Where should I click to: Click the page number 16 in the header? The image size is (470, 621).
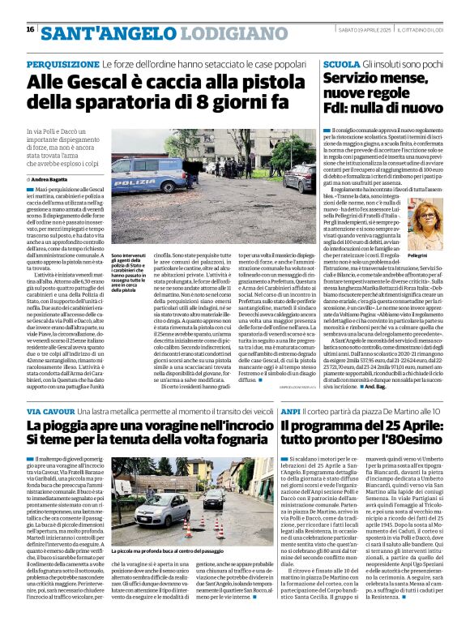point(30,30)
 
